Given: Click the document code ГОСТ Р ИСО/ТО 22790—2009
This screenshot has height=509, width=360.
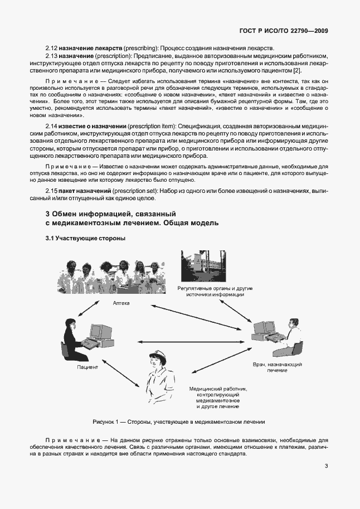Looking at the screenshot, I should [283, 31].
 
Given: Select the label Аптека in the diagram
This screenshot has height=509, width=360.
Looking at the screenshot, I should [121, 303].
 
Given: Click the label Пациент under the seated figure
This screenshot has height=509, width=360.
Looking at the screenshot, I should [87, 367].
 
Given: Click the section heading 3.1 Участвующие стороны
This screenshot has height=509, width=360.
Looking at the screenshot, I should [85, 239].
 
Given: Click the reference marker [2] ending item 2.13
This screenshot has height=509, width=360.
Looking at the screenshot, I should [313, 71].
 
